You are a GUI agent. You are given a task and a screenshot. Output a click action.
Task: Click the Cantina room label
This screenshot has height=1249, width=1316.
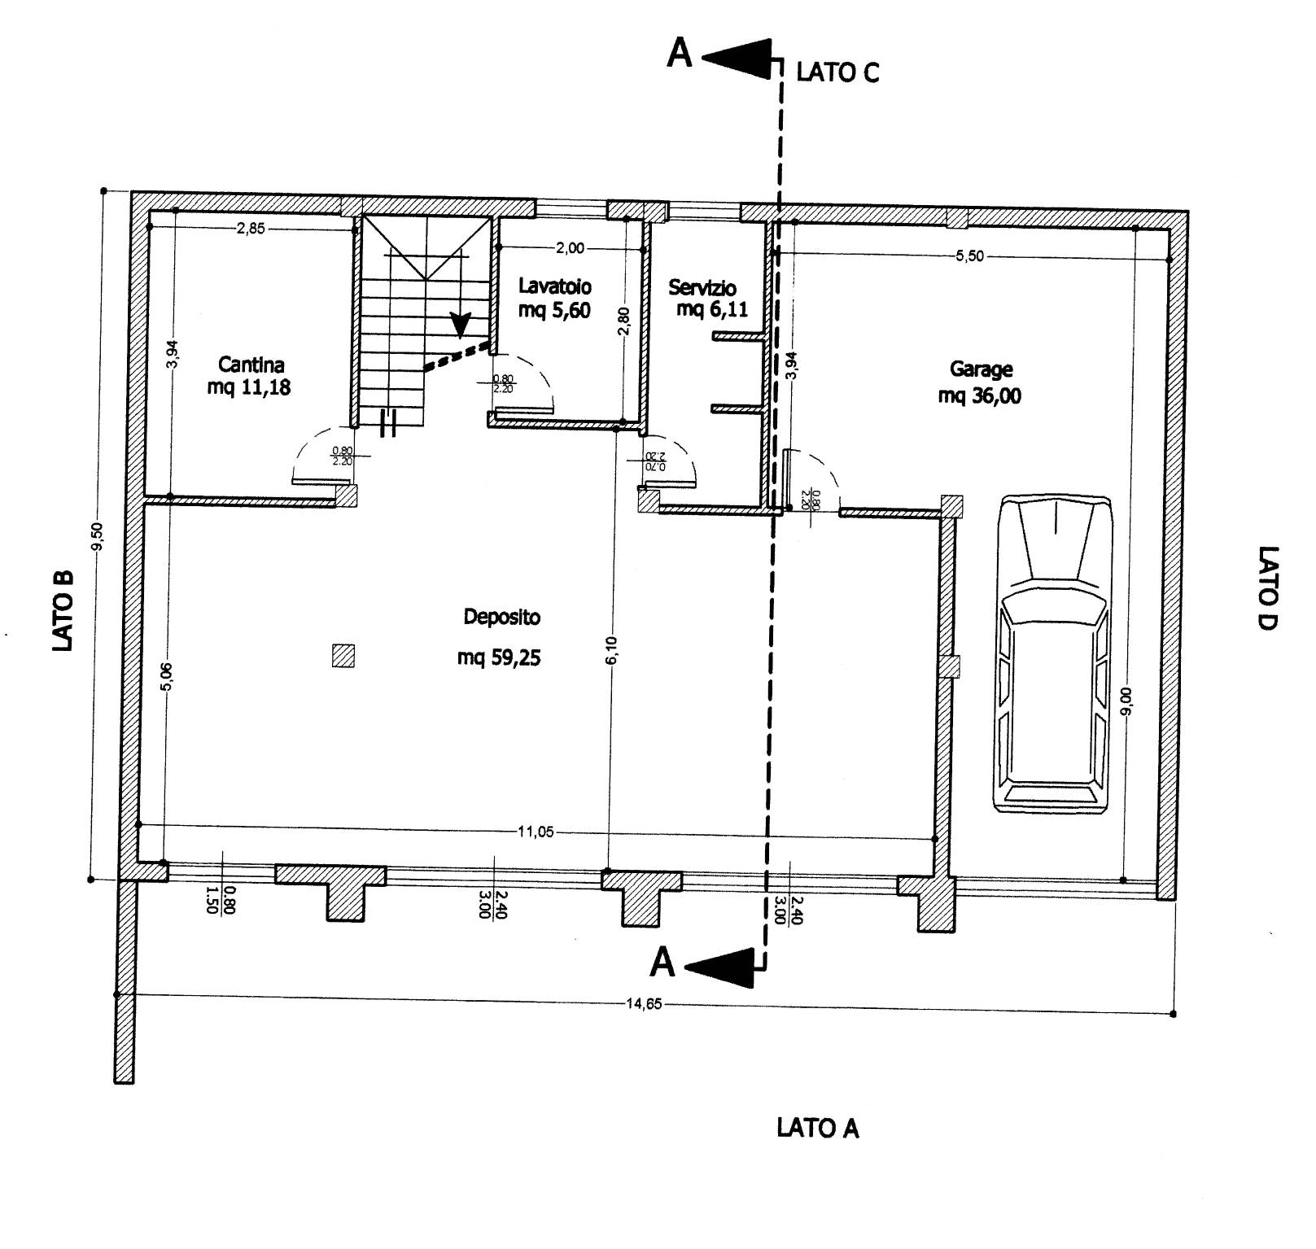251,365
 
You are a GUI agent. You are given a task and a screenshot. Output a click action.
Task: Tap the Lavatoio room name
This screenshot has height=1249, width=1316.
555,286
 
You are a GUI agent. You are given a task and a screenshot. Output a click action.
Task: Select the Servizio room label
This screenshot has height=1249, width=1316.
702,287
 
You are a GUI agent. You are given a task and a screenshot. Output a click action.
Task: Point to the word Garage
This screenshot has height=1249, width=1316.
981,370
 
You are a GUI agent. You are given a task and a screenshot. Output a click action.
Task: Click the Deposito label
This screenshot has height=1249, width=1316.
501,618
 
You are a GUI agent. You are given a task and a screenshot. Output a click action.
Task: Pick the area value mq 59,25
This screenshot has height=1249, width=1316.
499,657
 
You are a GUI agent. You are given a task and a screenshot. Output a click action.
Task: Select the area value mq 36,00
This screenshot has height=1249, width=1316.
980,396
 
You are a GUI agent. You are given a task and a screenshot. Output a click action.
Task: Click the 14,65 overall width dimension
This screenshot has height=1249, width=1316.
643,1003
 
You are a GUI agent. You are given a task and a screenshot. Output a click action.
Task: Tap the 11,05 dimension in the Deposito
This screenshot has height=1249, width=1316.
536,832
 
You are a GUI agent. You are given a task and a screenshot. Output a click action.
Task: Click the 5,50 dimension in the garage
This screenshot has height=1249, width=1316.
969,255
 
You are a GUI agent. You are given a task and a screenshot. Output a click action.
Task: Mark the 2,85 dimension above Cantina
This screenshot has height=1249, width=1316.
251,229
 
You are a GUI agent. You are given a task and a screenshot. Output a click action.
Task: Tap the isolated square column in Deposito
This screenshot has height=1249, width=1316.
344,656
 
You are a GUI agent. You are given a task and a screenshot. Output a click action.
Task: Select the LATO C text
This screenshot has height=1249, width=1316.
837,72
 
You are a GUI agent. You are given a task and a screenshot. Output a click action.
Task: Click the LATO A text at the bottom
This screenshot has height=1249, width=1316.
818,1128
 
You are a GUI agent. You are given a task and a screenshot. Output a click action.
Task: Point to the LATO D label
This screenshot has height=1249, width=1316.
1268,587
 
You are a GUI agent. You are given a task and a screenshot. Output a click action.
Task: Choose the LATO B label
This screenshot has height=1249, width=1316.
63,609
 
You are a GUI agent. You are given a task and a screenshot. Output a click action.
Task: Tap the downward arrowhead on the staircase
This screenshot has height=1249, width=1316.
461,325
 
